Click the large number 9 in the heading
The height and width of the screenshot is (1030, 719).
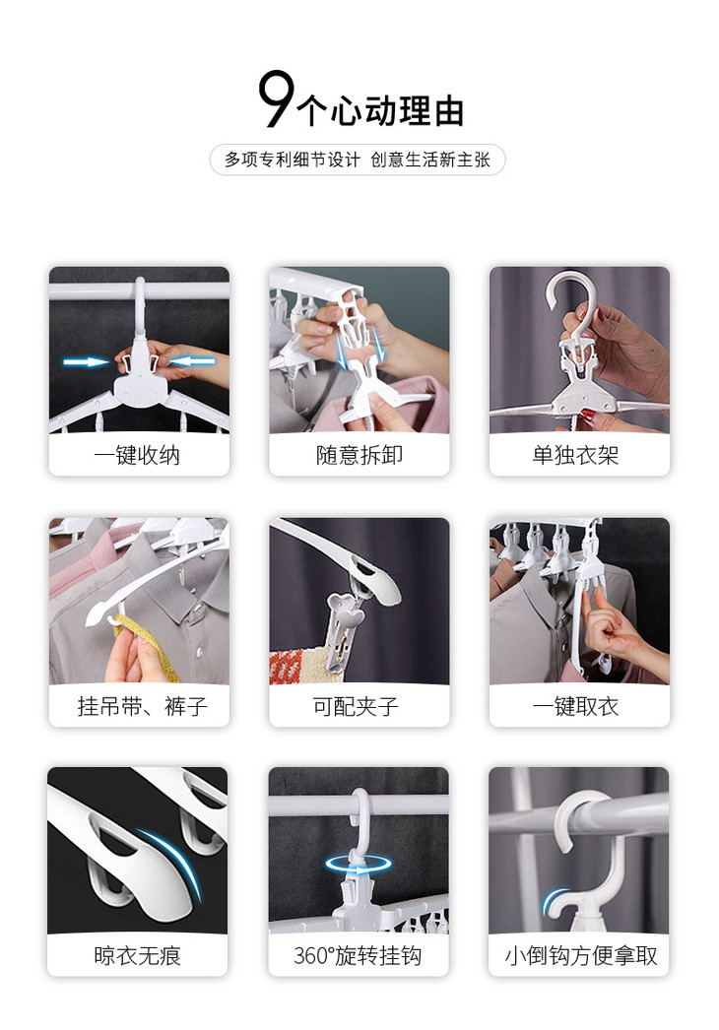276,99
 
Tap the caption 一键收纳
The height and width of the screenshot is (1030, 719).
137,455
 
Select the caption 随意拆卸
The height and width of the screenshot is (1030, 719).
359,455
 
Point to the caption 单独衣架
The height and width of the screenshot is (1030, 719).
576,455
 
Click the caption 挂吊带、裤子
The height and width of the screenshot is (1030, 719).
142,706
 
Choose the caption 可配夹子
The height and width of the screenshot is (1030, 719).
356,706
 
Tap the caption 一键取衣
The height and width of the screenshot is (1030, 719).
576,706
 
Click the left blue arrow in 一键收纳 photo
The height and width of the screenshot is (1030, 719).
86,362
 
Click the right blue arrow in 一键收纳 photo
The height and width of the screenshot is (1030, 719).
192,360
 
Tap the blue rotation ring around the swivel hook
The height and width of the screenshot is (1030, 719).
358,864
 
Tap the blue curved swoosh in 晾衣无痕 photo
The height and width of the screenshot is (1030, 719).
172,861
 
